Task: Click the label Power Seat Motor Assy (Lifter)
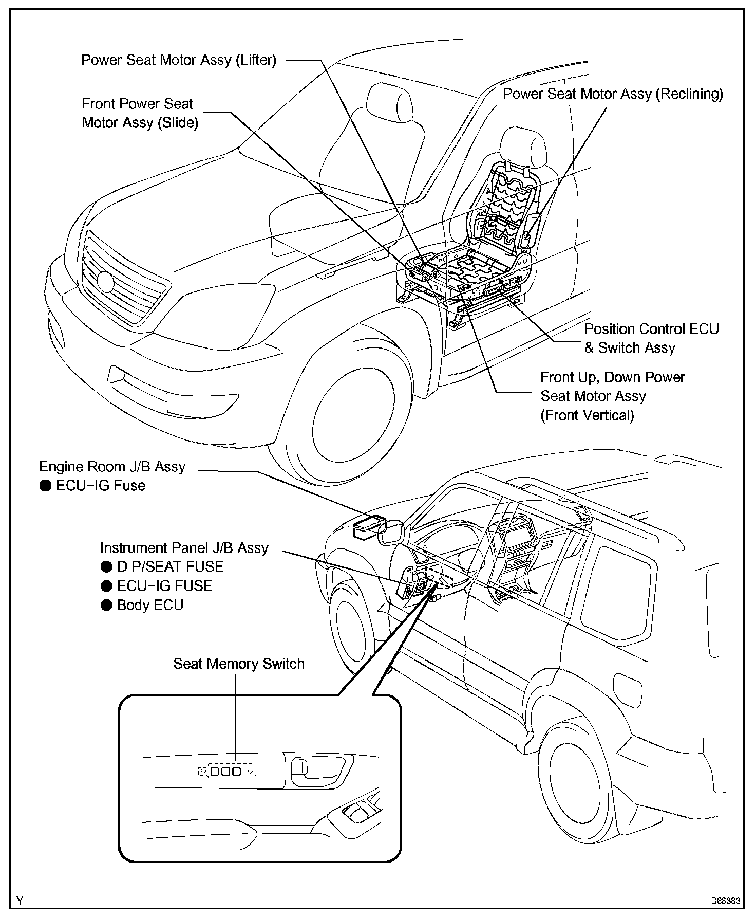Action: [x=179, y=60]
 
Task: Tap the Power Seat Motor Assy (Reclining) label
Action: [x=613, y=94]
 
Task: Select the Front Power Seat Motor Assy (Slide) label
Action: [x=140, y=113]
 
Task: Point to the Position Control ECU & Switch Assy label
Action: [x=652, y=338]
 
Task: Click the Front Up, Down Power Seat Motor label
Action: [x=612, y=396]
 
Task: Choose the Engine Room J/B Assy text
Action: [x=112, y=467]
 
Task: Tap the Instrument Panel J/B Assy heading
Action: [x=184, y=548]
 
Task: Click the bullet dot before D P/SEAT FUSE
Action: [x=107, y=567]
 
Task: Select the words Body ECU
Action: [x=150, y=605]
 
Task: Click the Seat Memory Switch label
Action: [x=238, y=664]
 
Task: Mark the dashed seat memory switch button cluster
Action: [x=226, y=771]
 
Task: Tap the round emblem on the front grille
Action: [x=105, y=282]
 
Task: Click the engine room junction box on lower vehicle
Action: [x=369, y=526]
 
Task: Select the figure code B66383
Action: [x=725, y=901]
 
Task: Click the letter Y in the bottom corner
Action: [x=20, y=900]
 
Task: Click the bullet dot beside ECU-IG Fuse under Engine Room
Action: [x=46, y=486]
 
